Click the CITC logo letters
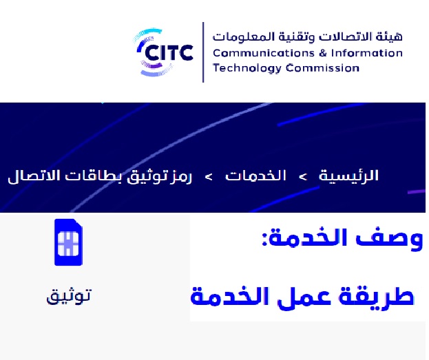coord(169,53)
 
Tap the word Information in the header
coord(367,53)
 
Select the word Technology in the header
coord(247,68)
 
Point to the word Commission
coord(322,68)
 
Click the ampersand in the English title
coord(322,53)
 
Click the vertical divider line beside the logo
coord(203,52)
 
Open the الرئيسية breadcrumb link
coord(348,176)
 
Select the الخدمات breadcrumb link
coord(255,176)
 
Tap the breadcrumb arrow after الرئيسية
coord(302,177)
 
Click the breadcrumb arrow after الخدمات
coord(209,177)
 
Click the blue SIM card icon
coord(68,242)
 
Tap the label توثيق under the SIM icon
coord(68,296)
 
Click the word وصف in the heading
coord(389,239)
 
